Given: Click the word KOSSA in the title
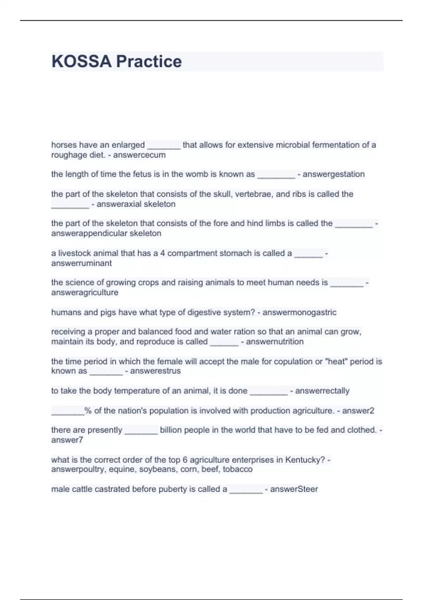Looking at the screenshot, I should point(81,61).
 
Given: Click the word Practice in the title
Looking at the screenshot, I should point(149,61).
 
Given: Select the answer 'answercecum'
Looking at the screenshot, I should point(139,155).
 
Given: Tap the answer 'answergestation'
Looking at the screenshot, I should point(333,174).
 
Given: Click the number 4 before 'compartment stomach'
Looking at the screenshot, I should point(163,253).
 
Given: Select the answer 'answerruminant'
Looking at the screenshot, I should point(81,263).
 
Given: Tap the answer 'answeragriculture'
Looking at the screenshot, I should point(85,293).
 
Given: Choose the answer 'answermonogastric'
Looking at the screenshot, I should point(299,312).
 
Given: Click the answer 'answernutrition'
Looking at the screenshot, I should point(275,342).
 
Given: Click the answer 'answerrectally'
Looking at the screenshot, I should point(322,391).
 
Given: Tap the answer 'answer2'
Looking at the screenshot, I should point(358,411).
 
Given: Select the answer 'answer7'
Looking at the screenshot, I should point(67,440).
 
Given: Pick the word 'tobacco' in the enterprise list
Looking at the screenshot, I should point(238,469).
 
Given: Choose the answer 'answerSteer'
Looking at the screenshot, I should point(294,489).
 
